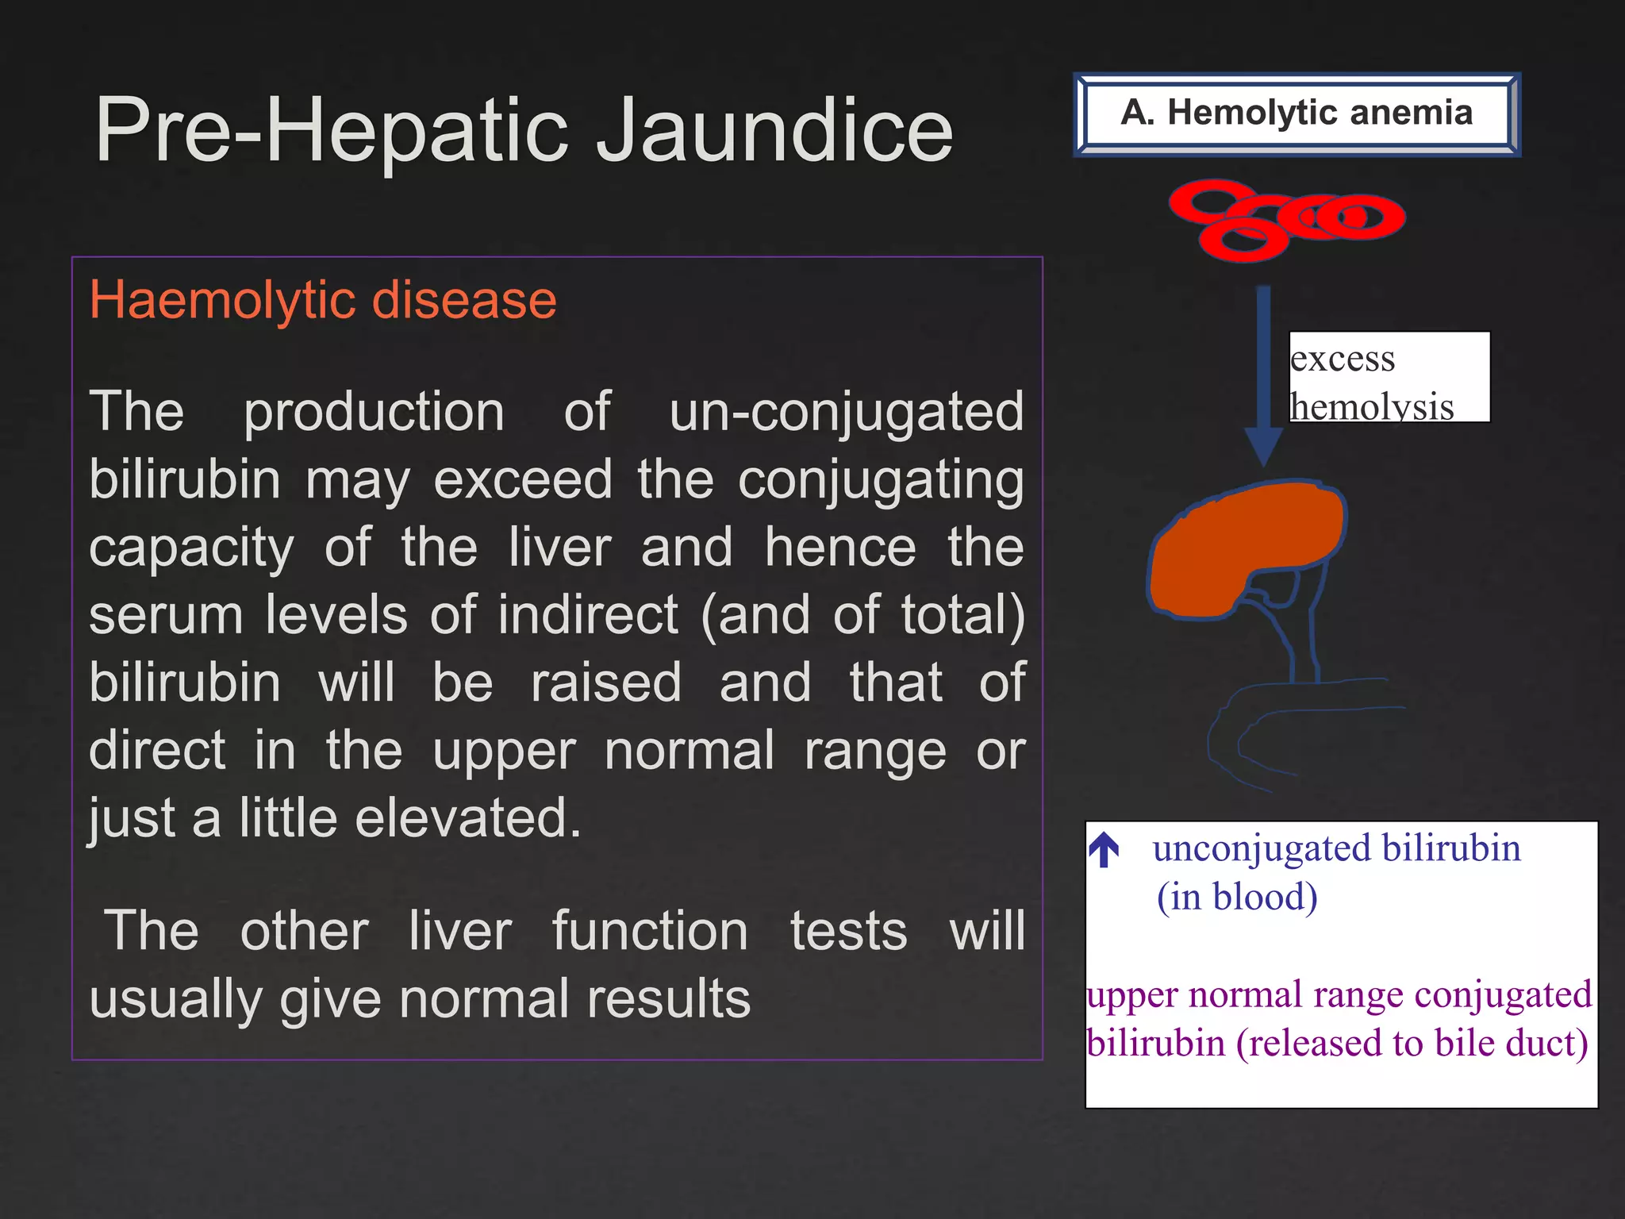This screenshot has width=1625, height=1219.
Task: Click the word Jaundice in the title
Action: [774, 131]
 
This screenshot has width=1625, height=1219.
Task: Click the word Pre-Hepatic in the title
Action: [333, 131]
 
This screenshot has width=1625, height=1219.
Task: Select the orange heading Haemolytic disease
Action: [323, 300]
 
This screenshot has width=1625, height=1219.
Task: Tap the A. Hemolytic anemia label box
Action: [1297, 113]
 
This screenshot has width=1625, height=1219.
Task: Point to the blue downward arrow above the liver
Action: [1263, 373]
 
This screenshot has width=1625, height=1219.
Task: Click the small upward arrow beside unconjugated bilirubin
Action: [1104, 850]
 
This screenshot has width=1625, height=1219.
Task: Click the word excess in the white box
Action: [1342, 359]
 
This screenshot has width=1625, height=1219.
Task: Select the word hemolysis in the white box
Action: [1371, 407]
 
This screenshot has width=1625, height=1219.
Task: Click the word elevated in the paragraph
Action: [468, 818]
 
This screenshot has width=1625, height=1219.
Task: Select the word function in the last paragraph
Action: [650, 931]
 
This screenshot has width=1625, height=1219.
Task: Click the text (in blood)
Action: [1236, 898]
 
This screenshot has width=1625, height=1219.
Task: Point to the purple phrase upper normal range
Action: [1245, 995]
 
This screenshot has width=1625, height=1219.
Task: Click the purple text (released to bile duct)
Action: [1412, 1044]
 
